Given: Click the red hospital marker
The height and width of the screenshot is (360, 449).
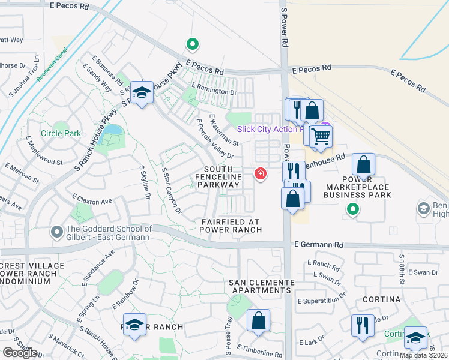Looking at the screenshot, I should [261, 174].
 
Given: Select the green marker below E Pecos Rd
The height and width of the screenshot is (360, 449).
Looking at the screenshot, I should [193, 44].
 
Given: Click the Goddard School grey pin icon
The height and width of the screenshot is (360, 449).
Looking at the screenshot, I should [57, 231].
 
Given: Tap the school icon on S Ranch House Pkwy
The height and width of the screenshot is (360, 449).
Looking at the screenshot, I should [142, 93].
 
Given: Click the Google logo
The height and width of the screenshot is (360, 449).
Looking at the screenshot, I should [20, 352].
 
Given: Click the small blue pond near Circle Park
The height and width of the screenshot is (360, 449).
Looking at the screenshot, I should [112, 130].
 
